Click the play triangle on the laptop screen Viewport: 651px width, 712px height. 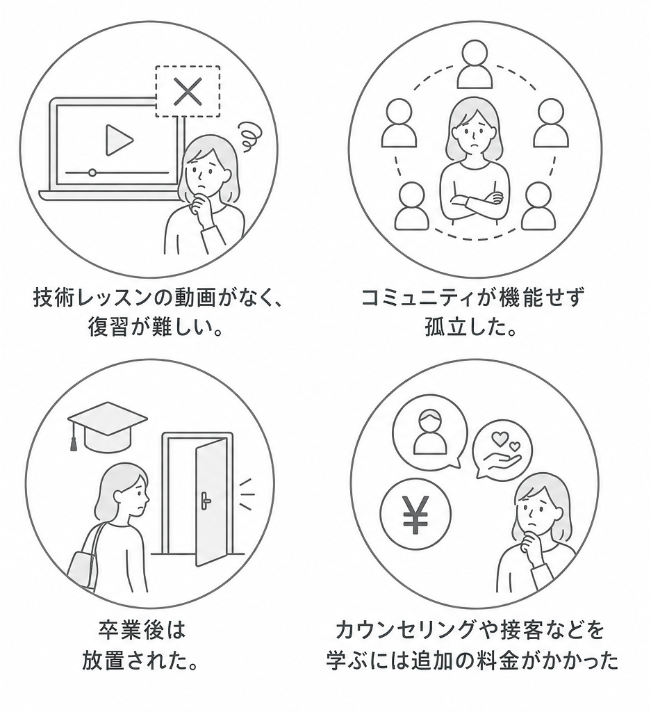[x=118, y=140]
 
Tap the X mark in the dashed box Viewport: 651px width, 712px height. [x=187, y=91]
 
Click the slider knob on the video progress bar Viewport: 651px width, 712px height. [x=92, y=172]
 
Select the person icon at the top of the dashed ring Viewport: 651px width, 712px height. [x=475, y=64]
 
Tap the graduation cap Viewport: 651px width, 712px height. [x=108, y=424]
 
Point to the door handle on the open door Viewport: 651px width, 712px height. [x=206, y=499]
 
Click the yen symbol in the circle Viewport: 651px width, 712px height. [x=415, y=515]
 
